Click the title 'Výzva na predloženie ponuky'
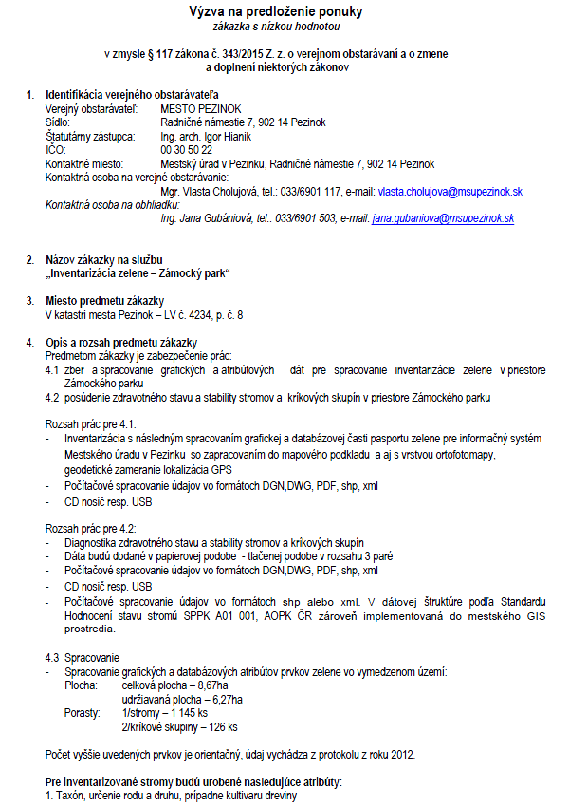[278, 12]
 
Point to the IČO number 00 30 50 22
[187, 150]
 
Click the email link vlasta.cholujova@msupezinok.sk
[450, 191]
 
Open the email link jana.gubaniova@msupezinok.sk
[443, 217]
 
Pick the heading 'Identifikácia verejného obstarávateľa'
[132, 95]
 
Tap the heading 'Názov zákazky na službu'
[105, 259]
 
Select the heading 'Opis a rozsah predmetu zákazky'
[121, 342]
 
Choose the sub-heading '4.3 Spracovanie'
[83, 657]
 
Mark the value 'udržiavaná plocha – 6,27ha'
[182, 699]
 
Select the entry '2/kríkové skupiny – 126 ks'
[180, 726]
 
